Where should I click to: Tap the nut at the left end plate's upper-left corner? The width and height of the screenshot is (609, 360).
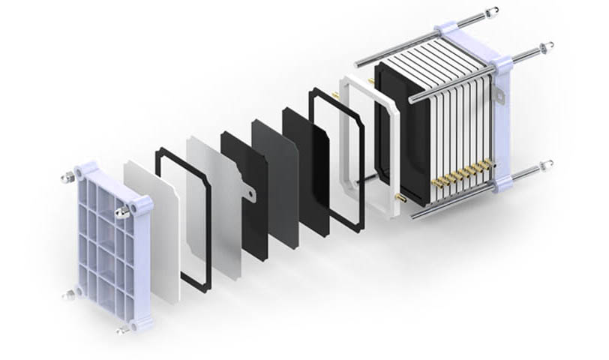point(66,178)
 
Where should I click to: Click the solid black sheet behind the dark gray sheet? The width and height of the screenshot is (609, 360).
point(306,169)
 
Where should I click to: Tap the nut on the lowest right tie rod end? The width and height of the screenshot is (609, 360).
point(548,163)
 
